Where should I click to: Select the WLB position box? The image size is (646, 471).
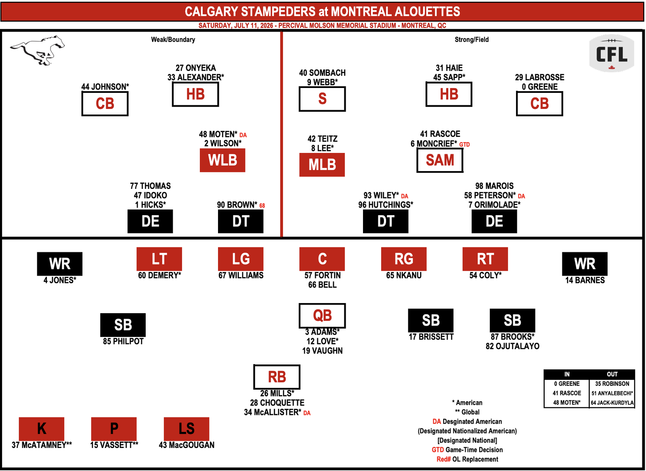222,160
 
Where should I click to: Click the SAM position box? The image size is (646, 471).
440,160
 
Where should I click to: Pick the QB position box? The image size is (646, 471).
322,316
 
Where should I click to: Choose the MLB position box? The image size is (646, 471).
322,165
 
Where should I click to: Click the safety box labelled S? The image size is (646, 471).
322,99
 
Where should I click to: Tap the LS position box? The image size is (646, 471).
186,429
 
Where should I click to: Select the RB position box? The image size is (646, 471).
277,377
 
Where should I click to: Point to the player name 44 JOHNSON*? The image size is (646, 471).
105,87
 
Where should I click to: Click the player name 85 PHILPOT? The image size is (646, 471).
123,341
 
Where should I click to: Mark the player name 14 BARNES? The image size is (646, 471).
585,280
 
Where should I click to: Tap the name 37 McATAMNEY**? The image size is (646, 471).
42,445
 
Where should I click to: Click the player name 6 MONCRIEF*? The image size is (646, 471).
434,144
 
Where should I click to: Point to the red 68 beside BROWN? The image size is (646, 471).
262,205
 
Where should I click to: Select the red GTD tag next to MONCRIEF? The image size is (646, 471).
464,144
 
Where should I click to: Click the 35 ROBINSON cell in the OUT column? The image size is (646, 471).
612,384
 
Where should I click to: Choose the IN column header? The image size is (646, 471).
567,374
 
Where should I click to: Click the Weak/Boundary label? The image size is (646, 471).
173,40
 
